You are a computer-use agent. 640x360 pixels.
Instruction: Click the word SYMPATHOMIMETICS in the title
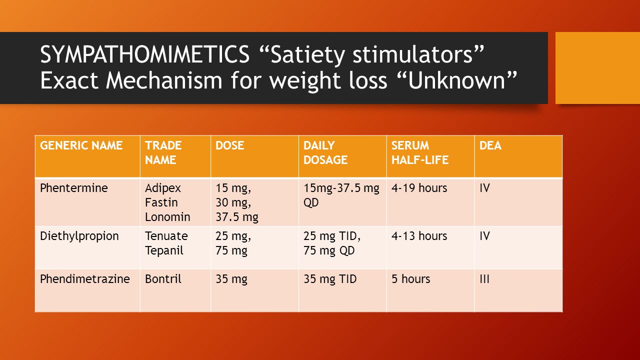click(x=145, y=54)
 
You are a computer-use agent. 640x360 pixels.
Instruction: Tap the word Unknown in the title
click(x=457, y=80)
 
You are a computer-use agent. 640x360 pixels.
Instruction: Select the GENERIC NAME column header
click(x=81, y=145)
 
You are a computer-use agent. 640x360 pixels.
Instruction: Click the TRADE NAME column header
click(x=163, y=152)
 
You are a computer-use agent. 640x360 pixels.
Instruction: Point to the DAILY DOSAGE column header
click(x=325, y=152)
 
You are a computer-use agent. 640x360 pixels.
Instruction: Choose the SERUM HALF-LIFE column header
click(x=419, y=152)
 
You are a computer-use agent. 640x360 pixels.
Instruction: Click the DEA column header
click(x=490, y=145)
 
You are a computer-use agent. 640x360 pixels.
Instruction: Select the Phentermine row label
click(x=73, y=188)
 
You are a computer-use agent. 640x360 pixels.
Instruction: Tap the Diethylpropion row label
click(x=79, y=236)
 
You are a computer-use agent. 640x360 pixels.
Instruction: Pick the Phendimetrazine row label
click(x=85, y=279)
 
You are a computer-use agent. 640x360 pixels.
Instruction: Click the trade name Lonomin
click(x=167, y=217)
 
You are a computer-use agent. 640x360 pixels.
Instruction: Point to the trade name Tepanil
click(x=164, y=251)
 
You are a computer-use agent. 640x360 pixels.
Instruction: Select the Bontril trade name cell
click(x=163, y=279)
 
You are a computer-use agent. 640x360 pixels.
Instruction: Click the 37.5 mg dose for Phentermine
click(x=237, y=217)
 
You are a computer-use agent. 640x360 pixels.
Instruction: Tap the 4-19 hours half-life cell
click(x=419, y=188)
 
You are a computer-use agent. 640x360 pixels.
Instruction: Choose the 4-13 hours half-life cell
click(x=419, y=236)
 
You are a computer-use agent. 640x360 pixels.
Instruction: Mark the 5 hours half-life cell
click(x=410, y=279)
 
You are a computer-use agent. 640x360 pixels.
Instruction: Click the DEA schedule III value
click(x=484, y=279)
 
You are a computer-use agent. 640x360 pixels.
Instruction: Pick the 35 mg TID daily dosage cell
click(x=330, y=279)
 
